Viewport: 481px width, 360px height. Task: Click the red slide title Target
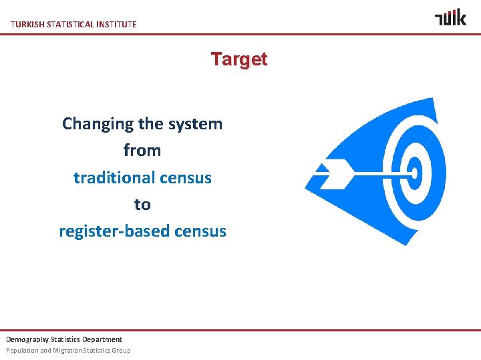coord(239,59)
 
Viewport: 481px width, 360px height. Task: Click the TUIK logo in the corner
coord(450,18)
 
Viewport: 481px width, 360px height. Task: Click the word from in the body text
coord(142,151)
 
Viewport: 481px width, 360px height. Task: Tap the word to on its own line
coord(142,205)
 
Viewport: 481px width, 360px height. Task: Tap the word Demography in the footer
coord(25,339)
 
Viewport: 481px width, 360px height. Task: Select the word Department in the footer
coord(104,339)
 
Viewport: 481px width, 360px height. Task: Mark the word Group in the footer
coord(121,351)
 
